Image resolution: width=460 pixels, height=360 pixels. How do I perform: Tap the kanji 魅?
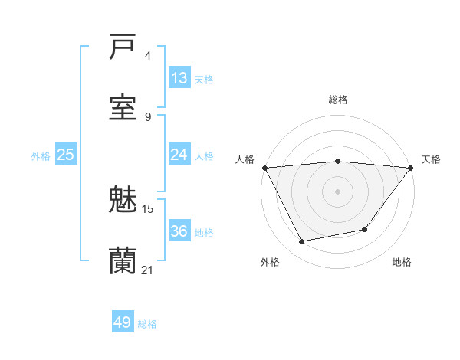(123, 200)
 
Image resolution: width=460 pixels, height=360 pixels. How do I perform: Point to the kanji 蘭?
(123, 260)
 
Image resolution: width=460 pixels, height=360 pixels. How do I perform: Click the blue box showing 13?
(179, 78)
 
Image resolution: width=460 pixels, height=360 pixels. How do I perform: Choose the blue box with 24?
(179, 155)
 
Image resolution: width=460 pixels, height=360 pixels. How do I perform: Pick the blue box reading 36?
(179, 231)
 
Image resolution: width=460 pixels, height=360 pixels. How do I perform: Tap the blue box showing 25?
(65, 155)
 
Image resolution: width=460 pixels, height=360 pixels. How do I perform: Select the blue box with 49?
(123, 322)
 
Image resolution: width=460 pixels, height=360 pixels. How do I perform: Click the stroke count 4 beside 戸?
(148, 56)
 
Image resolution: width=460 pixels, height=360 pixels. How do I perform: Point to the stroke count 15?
(148, 208)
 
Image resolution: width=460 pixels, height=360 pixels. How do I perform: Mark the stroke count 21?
(148, 270)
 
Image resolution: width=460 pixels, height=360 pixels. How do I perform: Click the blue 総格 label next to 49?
(147, 324)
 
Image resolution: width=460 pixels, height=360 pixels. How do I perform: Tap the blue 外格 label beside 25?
(41, 156)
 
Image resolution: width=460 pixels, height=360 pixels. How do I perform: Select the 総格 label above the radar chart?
(337, 100)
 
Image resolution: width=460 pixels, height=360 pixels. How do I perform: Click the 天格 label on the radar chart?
(431, 159)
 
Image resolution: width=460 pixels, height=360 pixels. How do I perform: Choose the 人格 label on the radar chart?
(245, 159)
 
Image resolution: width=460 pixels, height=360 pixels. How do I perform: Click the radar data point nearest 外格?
(302, 242)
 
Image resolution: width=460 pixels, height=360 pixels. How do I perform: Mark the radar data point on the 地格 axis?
(365, 229)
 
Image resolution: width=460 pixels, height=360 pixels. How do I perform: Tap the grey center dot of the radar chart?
(337, 191)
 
